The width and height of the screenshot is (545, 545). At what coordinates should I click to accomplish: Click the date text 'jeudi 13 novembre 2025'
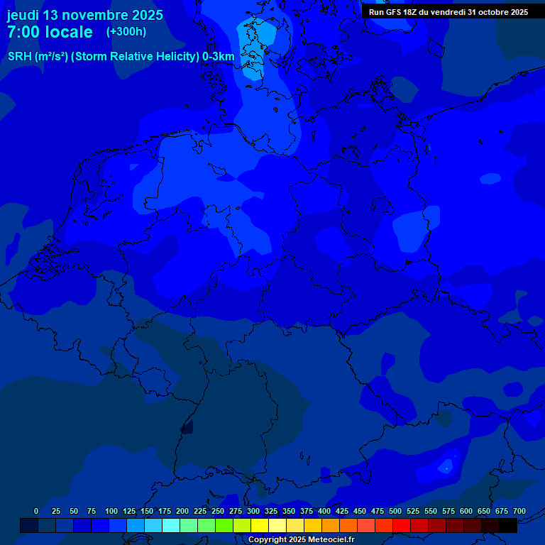[x=84, y=15]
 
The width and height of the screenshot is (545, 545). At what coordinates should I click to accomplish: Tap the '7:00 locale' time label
[x=50, y=32]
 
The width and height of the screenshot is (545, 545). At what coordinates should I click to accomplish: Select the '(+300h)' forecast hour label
[x=126, y=32]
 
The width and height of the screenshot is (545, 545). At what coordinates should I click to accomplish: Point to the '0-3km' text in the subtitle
[x=219, y=57]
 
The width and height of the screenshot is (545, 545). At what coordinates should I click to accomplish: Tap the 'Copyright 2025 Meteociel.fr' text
[x=301, y=539]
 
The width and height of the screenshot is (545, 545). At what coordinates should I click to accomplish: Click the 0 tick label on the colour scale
[x=36, y=511]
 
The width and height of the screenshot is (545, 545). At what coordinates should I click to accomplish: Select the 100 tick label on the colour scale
[x=111, y=511]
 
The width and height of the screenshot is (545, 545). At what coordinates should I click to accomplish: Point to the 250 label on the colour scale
[x=218, y=511]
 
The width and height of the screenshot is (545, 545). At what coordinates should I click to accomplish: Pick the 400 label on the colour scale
[x=324, y=511]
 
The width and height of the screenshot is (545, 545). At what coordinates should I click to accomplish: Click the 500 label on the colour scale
[x=395, y=511]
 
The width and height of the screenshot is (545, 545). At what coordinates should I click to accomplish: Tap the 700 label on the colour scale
[x=519, y=511]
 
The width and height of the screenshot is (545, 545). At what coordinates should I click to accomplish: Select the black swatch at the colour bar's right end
[x=507, y=525]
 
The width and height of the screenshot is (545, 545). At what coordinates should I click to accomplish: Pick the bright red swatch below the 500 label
[x=401, y=525]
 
